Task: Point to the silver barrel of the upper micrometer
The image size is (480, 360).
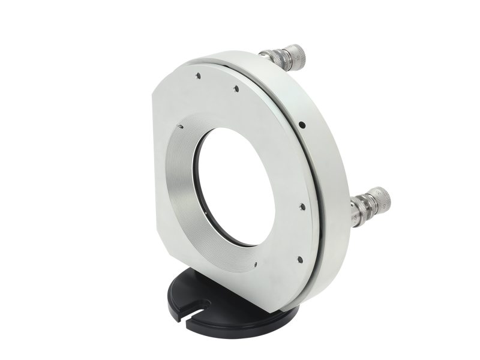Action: pyautogui.click(x=273, y=57)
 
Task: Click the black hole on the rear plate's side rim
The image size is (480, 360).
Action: pyautogui.click(x=302, y=125)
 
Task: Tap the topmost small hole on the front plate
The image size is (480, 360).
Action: pyautogui.click(x=197, y=76)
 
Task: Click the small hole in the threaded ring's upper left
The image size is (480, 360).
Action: pyautogui.click(x=180, y=126)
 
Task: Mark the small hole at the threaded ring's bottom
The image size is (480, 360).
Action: pyautogui.click(x=256, y=263)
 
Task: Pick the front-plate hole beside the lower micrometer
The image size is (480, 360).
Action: pyautogui.click(x=302, y=206)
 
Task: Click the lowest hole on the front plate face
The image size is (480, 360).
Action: pyautogui.click(x=299, y=259)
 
